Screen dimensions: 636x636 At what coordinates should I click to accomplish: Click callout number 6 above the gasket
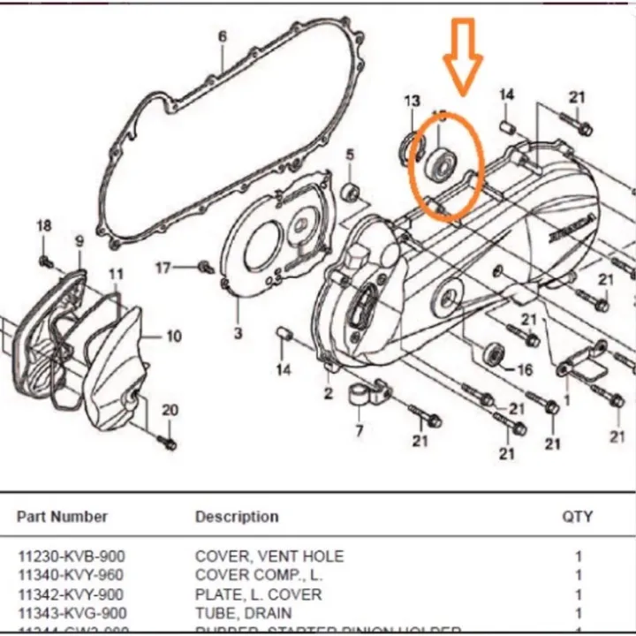point(222,36)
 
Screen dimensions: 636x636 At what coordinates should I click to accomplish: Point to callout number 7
point(360,431)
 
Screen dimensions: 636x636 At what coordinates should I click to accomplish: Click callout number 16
point(525,369)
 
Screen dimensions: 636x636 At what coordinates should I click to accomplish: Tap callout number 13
point(413,101)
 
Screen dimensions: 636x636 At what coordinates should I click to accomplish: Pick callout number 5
point(349,155)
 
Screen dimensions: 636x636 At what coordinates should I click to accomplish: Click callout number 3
point(238,333)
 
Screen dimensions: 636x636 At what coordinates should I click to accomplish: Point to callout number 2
point(328,392)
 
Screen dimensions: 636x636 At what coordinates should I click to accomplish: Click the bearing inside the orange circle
point(439,163)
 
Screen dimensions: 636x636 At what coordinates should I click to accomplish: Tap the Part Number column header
point(63,517)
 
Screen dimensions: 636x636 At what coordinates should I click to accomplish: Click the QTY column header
point(578,517)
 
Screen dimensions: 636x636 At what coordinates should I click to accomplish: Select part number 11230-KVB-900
point(72,556)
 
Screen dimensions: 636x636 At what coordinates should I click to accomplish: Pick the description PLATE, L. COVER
point(258,594)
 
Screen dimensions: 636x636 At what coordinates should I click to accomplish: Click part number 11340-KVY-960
point(72,575)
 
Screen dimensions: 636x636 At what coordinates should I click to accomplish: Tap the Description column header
point(237,517)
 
